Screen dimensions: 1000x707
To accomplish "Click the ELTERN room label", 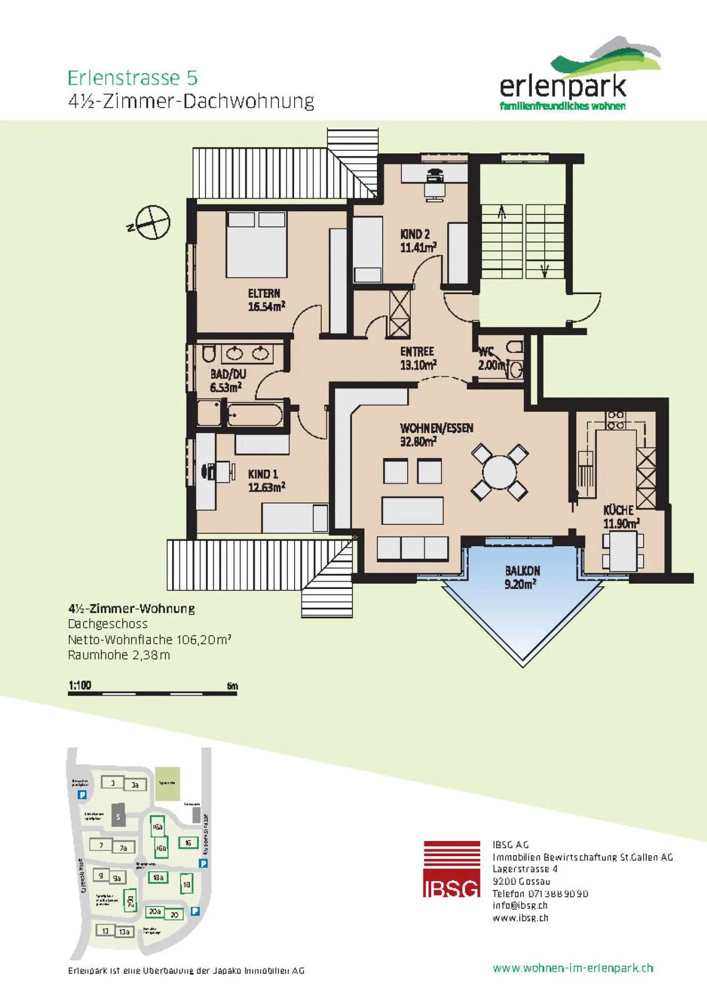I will tap(265, 294).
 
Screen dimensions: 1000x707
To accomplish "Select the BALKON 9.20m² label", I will tap(522, 577).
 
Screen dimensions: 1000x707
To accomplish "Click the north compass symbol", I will tap(153, 222).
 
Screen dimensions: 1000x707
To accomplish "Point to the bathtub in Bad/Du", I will tap(255, 415).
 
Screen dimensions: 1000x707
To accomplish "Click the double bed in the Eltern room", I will tap(256, 244).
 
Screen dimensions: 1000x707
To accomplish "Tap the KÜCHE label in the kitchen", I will tap(618, 510).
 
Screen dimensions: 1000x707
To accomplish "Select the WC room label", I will tap(486, 352).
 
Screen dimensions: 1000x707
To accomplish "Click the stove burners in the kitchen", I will tap(616, 420).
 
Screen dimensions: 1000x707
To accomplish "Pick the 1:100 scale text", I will tap(80, 685).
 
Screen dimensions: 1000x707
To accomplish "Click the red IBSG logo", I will tap(452, 868).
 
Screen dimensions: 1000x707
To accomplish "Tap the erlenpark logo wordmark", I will tap(563, 86).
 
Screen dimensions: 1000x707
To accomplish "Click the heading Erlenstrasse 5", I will tap(133, 78).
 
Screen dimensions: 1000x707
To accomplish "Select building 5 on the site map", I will tap(118, 817).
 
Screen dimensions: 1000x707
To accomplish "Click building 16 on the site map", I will tap(188, 843).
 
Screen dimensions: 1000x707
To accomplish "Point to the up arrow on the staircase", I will tap(502, 213).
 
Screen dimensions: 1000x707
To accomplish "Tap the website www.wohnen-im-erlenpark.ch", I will tap(572, 968).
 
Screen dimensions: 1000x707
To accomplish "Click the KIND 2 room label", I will tap(415, 234).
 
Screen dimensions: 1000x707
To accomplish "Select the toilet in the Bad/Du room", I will tap(209, 353).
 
